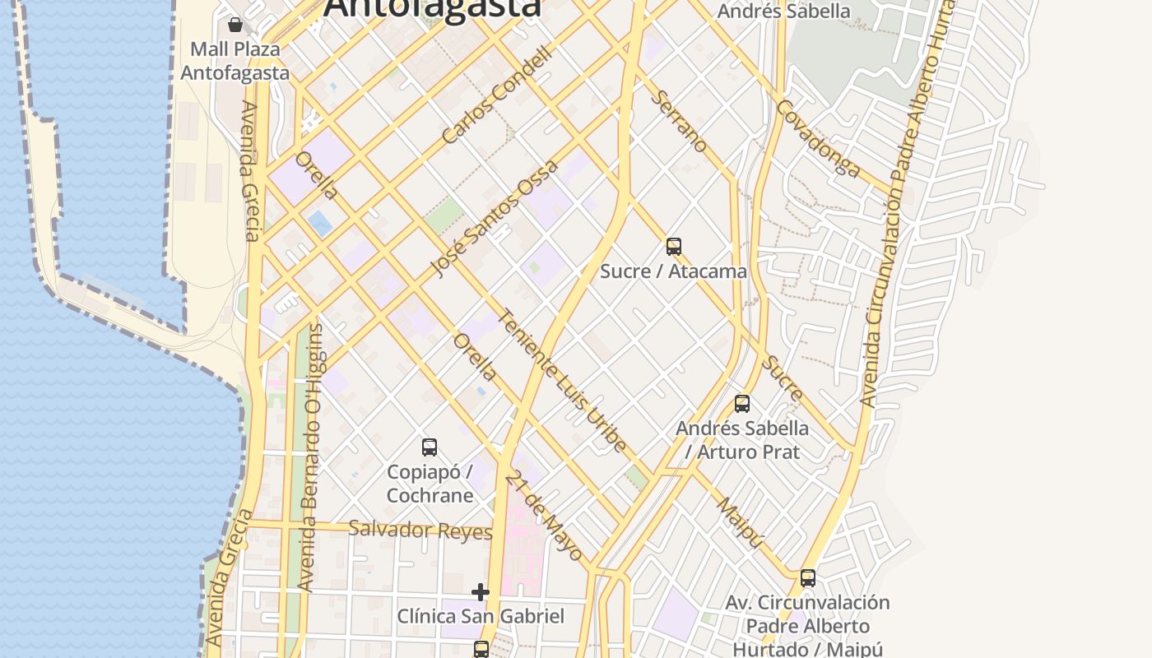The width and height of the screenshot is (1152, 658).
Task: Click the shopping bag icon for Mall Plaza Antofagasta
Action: coord(235,25)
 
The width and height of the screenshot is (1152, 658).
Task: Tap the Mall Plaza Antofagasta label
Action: coord(235,61)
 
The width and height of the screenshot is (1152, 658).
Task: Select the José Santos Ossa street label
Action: coord(495,219)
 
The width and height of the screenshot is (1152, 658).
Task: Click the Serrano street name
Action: coord(679,122)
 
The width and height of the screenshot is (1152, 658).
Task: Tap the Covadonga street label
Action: coord(818,139)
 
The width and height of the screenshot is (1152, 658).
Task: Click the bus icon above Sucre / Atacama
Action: coord(674,246)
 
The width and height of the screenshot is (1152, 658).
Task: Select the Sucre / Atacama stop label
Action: coord(673,271)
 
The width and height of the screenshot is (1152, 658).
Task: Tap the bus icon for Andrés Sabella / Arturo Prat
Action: coord(742,404)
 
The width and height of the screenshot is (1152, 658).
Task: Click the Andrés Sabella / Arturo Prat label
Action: coord(742,439)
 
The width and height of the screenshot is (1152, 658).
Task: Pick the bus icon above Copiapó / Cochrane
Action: coord(430,447)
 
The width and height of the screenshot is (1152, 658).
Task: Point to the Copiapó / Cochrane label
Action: coord(430,484)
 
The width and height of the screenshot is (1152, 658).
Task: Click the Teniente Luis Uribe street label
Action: coord(563,380)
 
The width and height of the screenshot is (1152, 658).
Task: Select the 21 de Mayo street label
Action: coord(544,516)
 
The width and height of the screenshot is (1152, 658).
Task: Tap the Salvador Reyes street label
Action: coord(420,531)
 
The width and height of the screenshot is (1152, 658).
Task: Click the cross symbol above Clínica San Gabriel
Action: coord(481,592)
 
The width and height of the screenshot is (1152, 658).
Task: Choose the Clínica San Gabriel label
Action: coord(481,616)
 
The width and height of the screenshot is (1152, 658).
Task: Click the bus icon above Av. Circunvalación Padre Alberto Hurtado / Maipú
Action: coord(808,578)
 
